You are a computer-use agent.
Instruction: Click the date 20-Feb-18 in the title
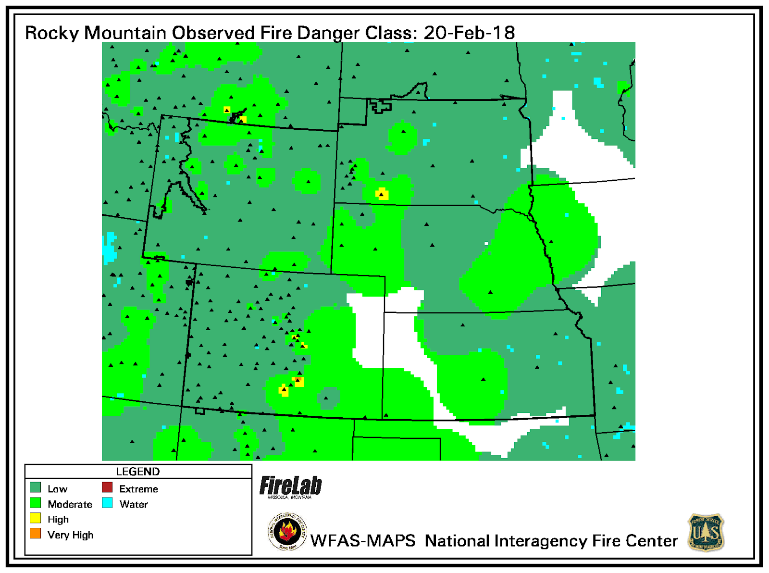click(469, 33)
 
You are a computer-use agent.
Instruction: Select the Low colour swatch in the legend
click(36, 488)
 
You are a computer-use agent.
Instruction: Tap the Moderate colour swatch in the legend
click(36, 503)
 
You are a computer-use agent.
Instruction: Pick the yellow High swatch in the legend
click(36, 518)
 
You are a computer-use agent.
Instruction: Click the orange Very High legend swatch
click(36, 534)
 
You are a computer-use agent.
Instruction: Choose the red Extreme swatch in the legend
click(107, 488)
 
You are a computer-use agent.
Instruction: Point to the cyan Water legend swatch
click(107, 503)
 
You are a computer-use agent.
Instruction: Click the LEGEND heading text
click(138, 472)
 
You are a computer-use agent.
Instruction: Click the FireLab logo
click(291, 486)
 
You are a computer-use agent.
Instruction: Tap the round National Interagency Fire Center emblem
click(287, 532)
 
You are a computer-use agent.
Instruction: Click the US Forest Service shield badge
click(706, 533)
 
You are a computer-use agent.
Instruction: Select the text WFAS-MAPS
click(363, 541)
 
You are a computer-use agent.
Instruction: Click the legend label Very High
click(70, 535)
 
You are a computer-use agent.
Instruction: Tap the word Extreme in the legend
click(138, 489)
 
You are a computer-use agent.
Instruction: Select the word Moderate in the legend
click(70, 504)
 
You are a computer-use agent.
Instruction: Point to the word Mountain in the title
click(125, 33)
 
